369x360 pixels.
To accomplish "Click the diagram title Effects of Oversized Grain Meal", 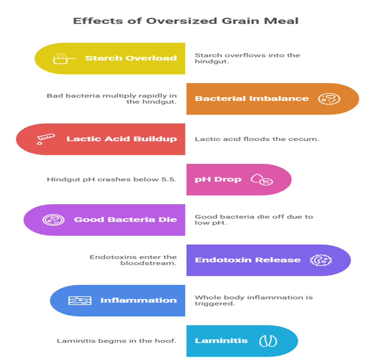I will click(186, 21).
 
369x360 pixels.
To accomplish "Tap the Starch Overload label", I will click(131, 58).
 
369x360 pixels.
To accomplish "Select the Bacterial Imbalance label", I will click(252, 99).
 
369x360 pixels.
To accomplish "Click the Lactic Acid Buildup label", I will click(121, 139).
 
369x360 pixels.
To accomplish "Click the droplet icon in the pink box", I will click(262, 180).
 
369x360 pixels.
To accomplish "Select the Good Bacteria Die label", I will click(125, 220).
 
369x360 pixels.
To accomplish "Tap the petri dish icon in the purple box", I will click(50, 220).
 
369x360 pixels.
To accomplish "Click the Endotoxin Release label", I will click(248, 260).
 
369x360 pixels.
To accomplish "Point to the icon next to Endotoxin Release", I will click(318, 260).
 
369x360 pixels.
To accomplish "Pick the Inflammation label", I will click(138, 300).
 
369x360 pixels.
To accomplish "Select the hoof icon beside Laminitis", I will click(268, 341).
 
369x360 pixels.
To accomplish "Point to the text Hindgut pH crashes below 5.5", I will click(112, 179).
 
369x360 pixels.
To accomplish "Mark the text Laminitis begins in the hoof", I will click(117, 341).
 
